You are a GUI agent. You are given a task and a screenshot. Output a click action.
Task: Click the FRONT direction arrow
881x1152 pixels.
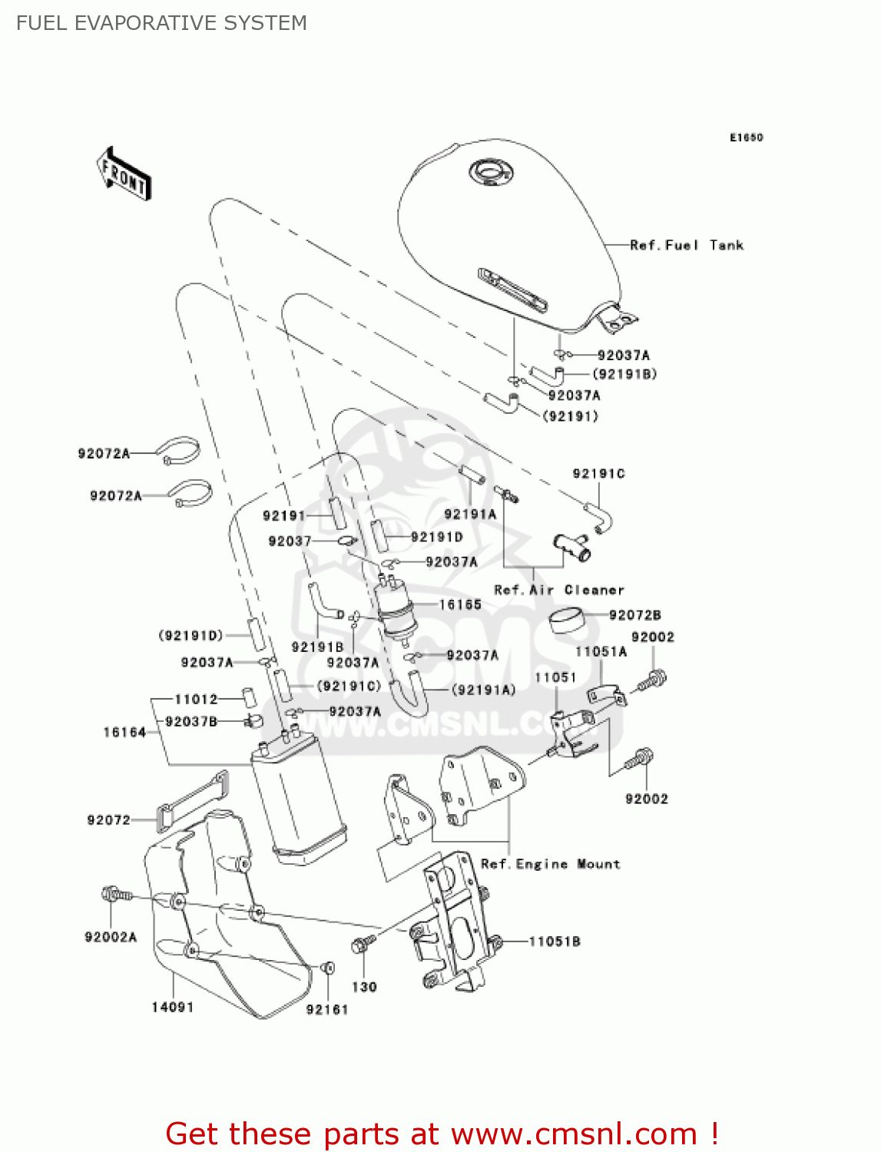124,174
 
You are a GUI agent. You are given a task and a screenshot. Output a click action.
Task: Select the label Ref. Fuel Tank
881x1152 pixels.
686,245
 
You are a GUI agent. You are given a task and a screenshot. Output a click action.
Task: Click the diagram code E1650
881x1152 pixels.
746,137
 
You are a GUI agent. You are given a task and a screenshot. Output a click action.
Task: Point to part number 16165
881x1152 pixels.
460,604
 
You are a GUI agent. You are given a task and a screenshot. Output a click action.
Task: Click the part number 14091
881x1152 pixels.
172,1007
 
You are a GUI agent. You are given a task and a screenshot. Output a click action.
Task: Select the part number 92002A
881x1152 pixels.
111,937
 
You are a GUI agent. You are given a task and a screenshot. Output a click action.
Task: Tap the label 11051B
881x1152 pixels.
555,941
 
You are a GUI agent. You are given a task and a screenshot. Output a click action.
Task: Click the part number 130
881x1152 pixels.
364,987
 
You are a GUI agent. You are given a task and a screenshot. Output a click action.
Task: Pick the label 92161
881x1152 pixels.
327,1009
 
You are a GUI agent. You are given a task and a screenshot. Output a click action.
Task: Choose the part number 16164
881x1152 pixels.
124,732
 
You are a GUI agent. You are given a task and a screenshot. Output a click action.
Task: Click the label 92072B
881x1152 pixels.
634,614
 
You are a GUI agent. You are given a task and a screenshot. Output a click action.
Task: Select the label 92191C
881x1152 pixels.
598,473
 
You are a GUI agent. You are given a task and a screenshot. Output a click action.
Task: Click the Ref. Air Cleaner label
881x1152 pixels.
558,590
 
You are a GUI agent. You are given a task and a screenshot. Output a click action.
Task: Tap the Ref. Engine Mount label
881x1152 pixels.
550,864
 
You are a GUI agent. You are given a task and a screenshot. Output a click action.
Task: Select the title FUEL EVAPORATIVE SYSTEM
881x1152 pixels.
161,23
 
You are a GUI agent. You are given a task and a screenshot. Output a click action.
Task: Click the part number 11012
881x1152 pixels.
196,699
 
